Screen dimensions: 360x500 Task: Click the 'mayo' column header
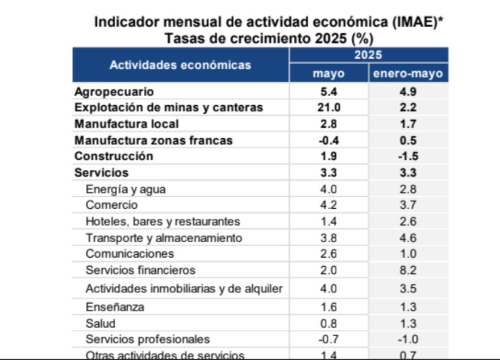(329, 74)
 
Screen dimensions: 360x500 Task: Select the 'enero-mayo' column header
(408, 74)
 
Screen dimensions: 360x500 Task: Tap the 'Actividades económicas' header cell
(180, 65)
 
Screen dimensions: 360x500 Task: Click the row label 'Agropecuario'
(114, 92)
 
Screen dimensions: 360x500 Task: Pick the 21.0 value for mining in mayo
(329, 107)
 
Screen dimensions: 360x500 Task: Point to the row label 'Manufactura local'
(127, 124)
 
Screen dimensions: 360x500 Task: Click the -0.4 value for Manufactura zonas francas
(329, 140)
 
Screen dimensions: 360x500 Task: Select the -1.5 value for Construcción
(408, 156)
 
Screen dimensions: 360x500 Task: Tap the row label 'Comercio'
(111, 205)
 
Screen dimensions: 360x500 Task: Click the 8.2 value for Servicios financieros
(408, 270)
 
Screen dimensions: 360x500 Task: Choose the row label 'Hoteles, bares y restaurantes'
(163, 221)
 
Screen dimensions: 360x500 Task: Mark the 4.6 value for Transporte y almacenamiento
(408, 238)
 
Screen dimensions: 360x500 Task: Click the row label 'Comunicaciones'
(130, 254)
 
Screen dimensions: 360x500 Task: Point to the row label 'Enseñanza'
(114, 307)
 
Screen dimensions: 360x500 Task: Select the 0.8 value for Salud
(329, 324)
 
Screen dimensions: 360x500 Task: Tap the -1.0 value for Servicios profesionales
(408, 340)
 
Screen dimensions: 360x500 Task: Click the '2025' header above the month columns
(368, 55)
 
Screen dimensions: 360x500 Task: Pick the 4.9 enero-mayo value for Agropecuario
(408, 92)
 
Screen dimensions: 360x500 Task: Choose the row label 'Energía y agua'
(126, 189)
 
